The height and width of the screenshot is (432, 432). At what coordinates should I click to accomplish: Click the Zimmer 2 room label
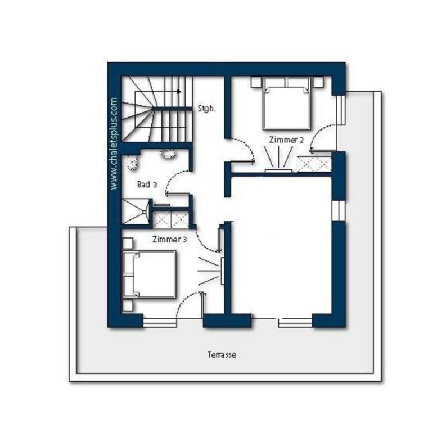pyautogui.click(x=286, y=140)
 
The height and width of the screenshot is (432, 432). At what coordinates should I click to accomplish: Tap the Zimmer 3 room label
pyautogui.click(x=169, y=240)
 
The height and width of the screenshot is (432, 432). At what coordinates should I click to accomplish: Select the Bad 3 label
pyautogui.click(x=147, y=184)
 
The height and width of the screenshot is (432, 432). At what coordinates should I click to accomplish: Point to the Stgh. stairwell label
pyautogui.click(x=206, y=109)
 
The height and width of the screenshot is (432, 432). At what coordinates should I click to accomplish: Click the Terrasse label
pyautogui.click(x=222, y=354)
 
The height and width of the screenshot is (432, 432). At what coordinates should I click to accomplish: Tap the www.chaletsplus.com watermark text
pyautogui.click(x=114, y=143)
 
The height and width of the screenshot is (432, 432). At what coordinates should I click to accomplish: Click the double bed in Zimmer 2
pyautogui.click(x=287, y=103)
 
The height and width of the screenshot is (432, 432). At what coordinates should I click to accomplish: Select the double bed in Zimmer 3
pyautogui.click(x=149, y=274)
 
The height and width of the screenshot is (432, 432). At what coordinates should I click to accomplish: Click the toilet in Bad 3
pyautogui.click(x=133, y=163)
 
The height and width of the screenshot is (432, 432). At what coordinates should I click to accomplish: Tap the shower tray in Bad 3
pyautogui.click(x=136, y=211)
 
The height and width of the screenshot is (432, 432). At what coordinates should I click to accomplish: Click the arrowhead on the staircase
pyautogui.click(x=179, y=92)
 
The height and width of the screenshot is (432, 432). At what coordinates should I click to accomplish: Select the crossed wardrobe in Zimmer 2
pyautogui.click(x=314, y=164)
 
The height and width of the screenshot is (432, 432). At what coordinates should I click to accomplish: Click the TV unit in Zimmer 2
pyautogui.click(x=278, y=171)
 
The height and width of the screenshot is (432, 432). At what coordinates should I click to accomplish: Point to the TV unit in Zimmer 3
pyautogui.click(x=222, y=271)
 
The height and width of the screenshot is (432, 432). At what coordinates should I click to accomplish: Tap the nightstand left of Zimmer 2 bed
pyautogui.click(x=256, y=82)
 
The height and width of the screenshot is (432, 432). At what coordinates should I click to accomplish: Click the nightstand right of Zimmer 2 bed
pyautogui.click(x=318, y=82)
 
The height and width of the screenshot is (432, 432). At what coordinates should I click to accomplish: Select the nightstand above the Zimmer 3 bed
pyautogui.click(x=128, y=244)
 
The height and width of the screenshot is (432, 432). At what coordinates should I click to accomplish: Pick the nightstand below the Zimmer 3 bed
pyautogui.click(x=128, y=305)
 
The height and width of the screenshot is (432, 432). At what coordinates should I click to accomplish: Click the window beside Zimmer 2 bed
pyautogui.click(x=341, y=110)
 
